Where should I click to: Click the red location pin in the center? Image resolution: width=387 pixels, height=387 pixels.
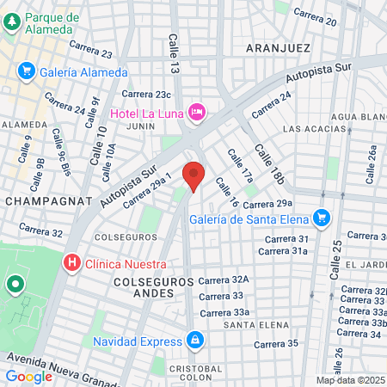click(x=194, y=175)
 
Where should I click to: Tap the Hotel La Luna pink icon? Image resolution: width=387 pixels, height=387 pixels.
click(x=198, y=112)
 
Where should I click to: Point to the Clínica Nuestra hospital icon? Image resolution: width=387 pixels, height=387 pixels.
click(x=73, y=261)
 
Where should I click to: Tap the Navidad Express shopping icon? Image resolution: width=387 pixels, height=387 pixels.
click(x=196, y=340)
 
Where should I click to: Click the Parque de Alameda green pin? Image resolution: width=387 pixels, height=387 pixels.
click(x=11, y=24)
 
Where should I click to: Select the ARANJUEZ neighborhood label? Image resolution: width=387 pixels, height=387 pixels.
click(x=277, y=48)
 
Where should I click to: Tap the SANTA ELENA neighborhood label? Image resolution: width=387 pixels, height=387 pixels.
click(x=249, y=324)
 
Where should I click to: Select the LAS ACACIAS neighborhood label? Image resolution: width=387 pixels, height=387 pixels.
click(x=314, y=129)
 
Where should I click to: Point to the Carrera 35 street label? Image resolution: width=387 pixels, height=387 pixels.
click(x=281, y=343)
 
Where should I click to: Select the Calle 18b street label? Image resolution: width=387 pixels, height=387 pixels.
click(x=267, y=163)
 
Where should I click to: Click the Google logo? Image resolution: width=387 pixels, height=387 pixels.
click(x=28, y=376)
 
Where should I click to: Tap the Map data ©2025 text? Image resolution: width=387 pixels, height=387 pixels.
click(x=348, y=380)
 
